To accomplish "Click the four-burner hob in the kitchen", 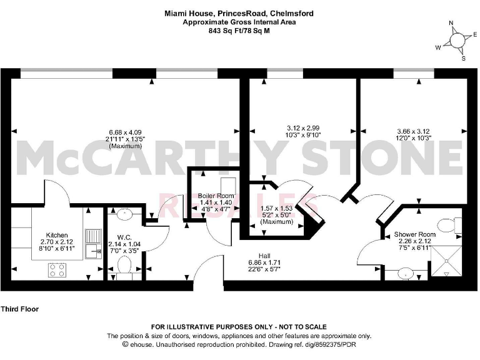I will [x=57, y=269].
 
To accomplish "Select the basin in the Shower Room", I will [x=407, y=273].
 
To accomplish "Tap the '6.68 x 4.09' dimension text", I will [x=125, y=132].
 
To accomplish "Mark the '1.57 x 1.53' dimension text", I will [x=276, y=208].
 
